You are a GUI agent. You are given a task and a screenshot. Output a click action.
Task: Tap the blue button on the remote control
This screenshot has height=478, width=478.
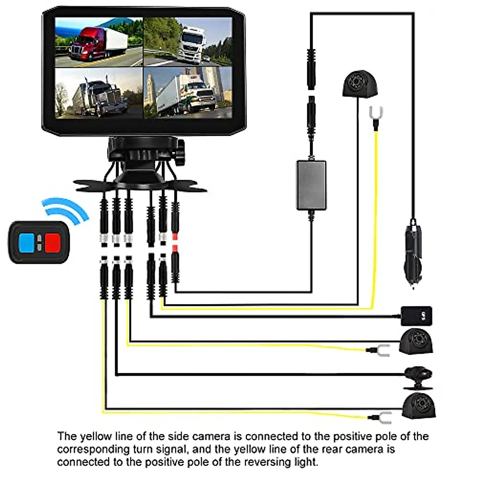click(x=27, y=242)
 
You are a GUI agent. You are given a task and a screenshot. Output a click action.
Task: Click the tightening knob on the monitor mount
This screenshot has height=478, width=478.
click(x=180, y=153)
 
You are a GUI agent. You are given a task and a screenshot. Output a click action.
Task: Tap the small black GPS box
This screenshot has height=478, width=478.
click(x=416, y=316)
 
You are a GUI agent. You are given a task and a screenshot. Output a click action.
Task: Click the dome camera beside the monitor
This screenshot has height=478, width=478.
click(x=360, y=84)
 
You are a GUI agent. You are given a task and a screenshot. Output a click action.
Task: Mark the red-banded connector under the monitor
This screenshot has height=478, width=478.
click(x=175, y=244)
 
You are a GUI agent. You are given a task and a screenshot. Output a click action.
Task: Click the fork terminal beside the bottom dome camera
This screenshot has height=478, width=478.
click(x=384, y=417)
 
